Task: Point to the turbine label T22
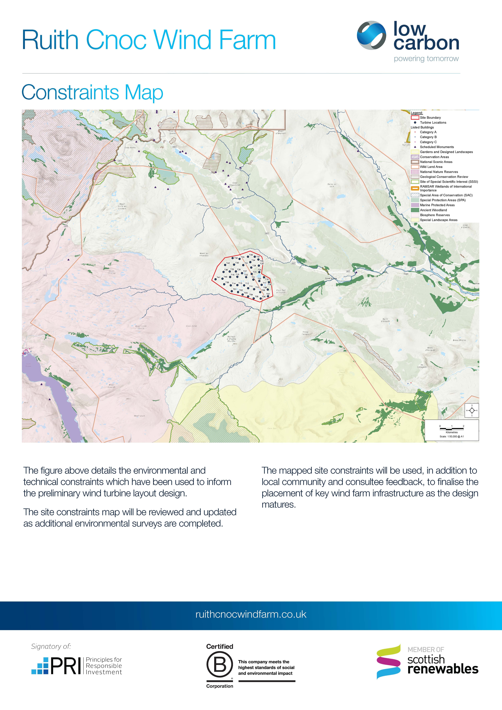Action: pyautogui.click(x=246, y=275)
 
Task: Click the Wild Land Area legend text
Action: pyautogui.click(x=431, y=167)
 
